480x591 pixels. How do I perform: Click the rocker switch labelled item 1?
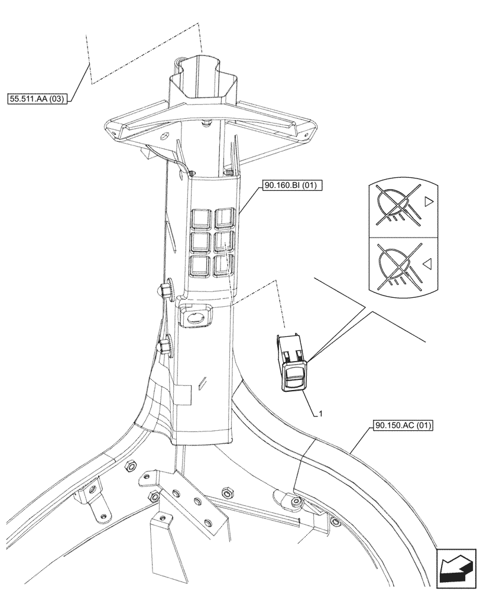(291, 363)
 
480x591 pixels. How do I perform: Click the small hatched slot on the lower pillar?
(203, 384)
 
